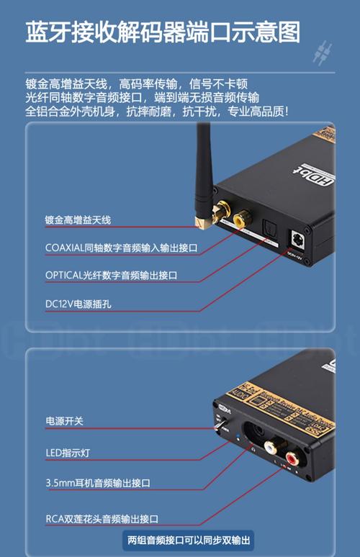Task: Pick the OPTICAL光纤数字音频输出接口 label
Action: pyautogui.click(x=111, y=276)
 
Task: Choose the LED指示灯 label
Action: pyautogui.click(x=68, y=453)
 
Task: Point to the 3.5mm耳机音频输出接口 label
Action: pyautogui.click(x=98, y=482)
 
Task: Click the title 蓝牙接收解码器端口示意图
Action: pyautogui.click(x=163, y=32)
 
